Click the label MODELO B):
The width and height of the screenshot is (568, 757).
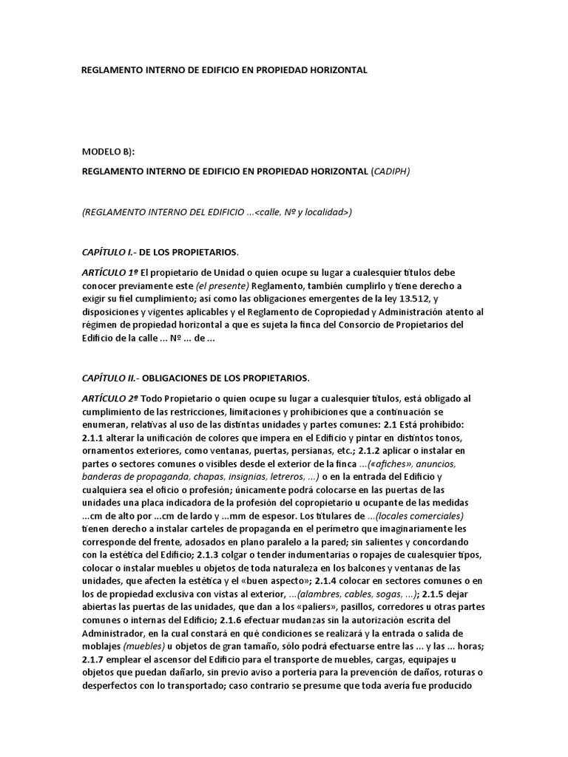pyautogui.click(x=109, y=152)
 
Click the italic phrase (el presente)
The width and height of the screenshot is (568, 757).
pyautogui.click(x=222, y=286)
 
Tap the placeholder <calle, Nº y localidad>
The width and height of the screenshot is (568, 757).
pyautogui.click(x=302, y=212)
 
